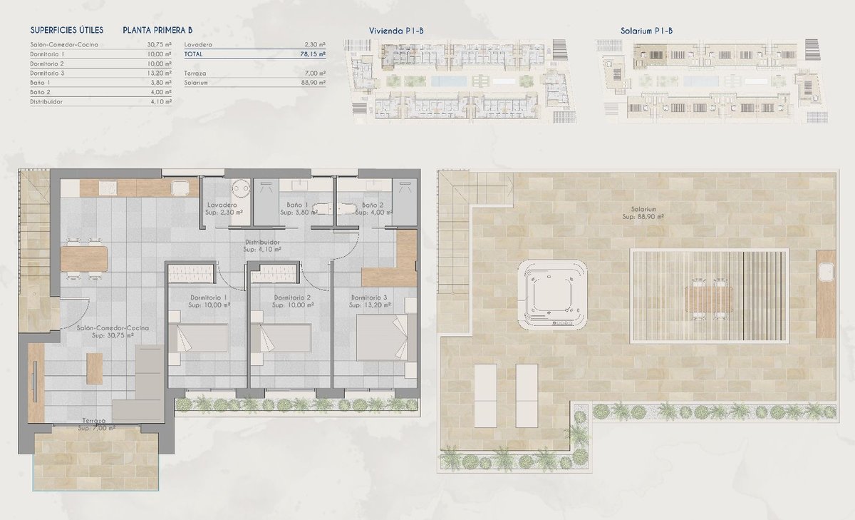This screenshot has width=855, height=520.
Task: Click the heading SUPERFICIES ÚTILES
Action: [67, 30]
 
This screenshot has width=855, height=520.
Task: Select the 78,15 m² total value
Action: [313, 54]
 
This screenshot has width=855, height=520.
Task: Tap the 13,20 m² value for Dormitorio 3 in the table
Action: [159, 73]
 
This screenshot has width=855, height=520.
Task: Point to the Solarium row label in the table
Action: [196, 83]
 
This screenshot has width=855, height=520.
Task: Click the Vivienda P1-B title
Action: [396, 31]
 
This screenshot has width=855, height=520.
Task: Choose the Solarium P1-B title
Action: [646, 31]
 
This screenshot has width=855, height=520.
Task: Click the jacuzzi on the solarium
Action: [552, 294]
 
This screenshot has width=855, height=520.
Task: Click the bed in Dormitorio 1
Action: [198, 338]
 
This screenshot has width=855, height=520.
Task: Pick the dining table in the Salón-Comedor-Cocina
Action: [84, 259]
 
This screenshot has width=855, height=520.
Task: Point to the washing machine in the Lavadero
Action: [242, 188]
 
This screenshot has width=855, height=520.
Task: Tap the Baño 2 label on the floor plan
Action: [372, 205]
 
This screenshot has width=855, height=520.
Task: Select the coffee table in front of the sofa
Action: [94, 368]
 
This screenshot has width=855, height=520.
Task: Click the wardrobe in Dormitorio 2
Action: [274, 274]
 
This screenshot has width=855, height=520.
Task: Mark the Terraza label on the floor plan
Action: [94, 421]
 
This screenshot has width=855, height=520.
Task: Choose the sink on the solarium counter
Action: [826, 272]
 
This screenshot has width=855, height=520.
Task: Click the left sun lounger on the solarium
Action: [485, 395]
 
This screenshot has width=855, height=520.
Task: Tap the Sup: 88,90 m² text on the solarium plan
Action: [643, 217]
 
